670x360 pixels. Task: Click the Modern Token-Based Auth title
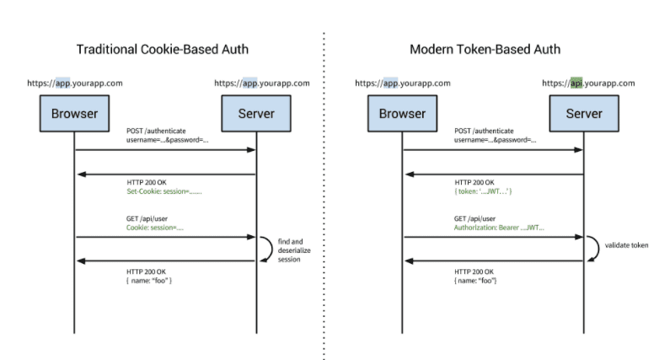pos(485,50)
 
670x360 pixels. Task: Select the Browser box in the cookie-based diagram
pos(75,114)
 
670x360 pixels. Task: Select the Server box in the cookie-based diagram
pos(255,114)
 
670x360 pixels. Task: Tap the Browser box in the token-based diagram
pos(402,114)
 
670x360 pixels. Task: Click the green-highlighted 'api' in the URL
pos(576,83)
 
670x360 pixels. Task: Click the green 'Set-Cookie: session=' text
pos(163,192)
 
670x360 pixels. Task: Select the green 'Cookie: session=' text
pos(155,228)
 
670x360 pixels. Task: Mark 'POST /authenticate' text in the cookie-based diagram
pos(156,131)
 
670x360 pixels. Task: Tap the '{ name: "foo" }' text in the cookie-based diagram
pos(150,279)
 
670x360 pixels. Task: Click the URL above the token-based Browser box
pos(402,83)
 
